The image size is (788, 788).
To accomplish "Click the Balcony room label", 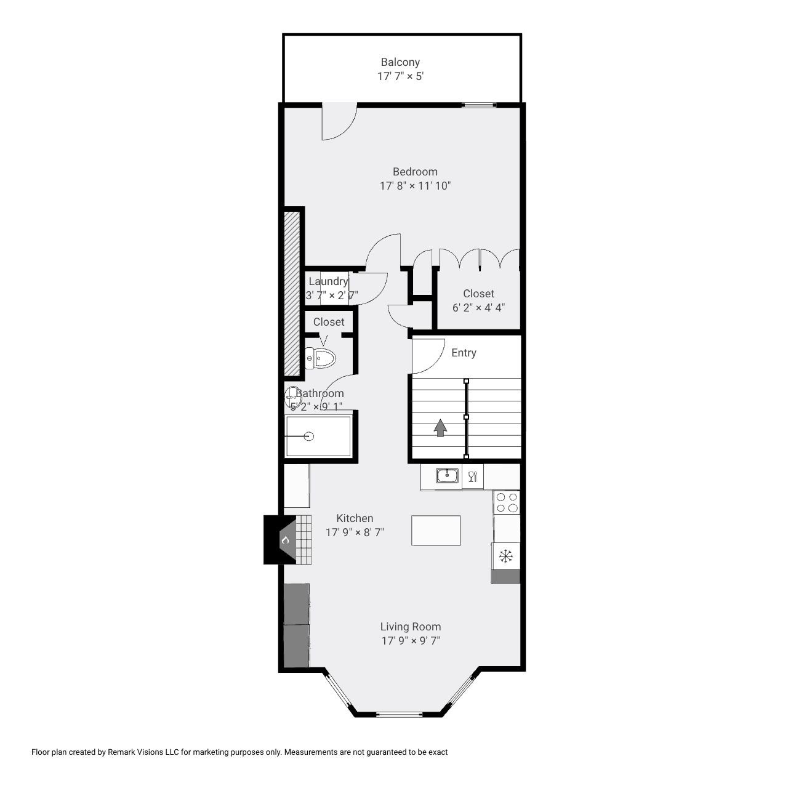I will [x=400, y=62].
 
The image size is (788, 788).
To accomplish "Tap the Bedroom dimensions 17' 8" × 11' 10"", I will [x=415, y=186].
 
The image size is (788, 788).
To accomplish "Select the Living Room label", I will [x=410, y=627].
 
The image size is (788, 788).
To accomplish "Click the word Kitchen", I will [x=355, y=518].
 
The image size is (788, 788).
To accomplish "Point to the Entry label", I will [x=464, y=353].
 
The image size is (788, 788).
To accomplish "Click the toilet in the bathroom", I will [x=320, y=358].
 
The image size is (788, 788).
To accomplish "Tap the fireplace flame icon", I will [x=285, y=541].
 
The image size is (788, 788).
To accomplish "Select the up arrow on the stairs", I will [x=440, y=427].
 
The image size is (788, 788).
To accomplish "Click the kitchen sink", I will [x=447, y=476].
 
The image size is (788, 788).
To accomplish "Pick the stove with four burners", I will [x=507, y=502].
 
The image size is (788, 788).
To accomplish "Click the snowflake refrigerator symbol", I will [x=505, y=557].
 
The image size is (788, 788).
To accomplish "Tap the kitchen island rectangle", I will [x=436, y=530].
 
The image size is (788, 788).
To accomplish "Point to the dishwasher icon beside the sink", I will [x=472, y=476].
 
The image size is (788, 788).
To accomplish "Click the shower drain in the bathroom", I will [x=309, y=436].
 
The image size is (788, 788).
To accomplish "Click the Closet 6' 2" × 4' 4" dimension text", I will [x=478, y=308].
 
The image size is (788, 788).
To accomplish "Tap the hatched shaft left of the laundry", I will [x=292, y=294].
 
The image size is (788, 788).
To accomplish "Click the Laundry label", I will [x=328, y=281].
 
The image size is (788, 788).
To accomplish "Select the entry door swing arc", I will [x=428, y=356].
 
